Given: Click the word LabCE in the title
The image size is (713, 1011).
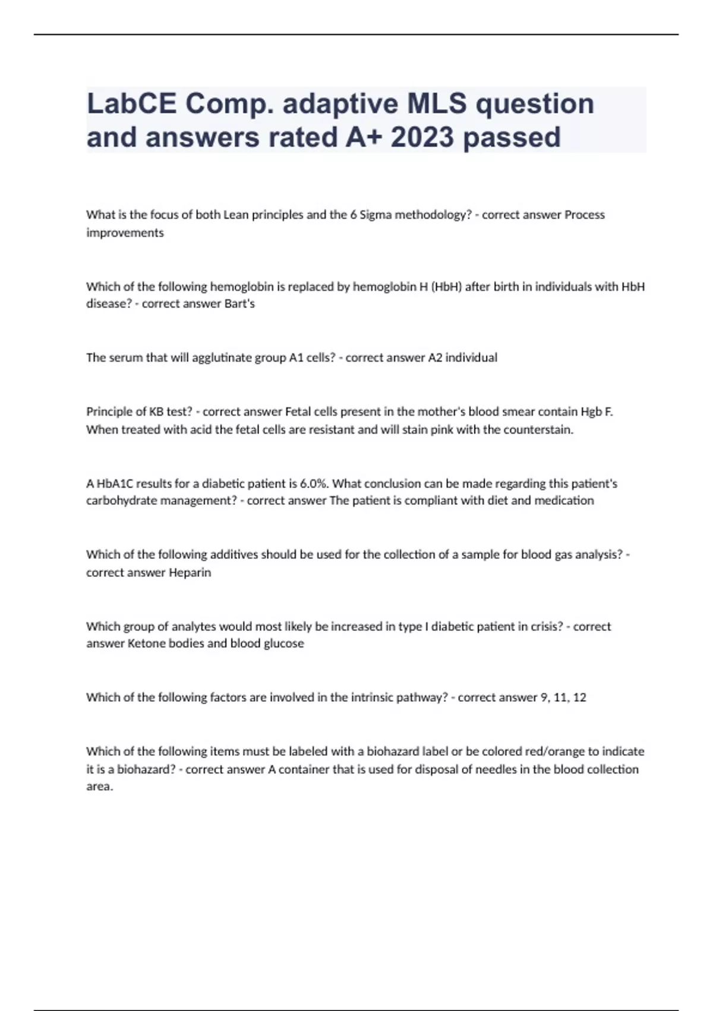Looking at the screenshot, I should click(131, 103).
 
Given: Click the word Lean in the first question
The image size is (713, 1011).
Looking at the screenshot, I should click(236, 215).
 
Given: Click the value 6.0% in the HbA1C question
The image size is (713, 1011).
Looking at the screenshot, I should click(314, 483).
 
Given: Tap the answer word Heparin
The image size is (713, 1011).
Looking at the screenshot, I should click(190, 573).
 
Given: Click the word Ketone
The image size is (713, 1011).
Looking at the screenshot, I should click(147, 643).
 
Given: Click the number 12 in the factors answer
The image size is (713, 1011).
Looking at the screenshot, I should click(579, 698).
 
